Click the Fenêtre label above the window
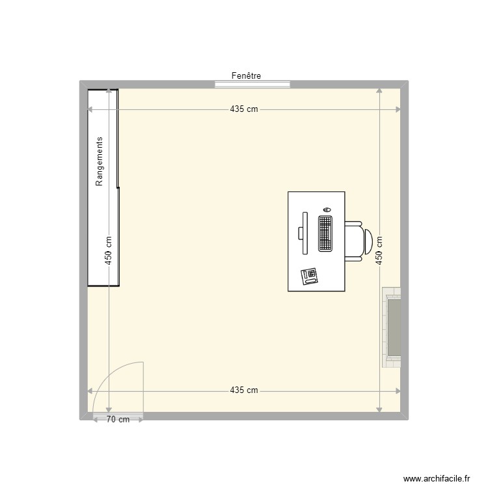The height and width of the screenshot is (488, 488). tap(246, 76)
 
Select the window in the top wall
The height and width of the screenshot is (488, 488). tap(252, 83)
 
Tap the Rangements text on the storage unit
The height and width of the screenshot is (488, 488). tap(100, 161)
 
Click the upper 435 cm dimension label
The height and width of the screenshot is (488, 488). tap(244, 109)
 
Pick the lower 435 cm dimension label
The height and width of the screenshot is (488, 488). tap(244, 390)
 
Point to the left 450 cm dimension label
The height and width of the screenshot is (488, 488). tap(109, 250)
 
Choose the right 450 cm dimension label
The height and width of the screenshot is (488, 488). tap(379, 250)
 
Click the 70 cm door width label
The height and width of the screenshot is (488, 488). tap(118, 420)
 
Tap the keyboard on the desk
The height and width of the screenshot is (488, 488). tap(325, 233)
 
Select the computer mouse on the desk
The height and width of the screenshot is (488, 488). tap(326, 210)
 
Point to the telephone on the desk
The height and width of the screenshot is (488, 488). tap(309, 276)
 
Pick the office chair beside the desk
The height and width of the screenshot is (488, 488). tap(358, 241)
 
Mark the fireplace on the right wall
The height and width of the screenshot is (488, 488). tap(392, 327)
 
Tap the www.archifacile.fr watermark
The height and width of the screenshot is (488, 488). tap(436, 478)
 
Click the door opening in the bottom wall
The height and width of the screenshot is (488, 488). tap(118, 414)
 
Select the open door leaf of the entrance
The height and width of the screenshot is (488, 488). tap(143, 388)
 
